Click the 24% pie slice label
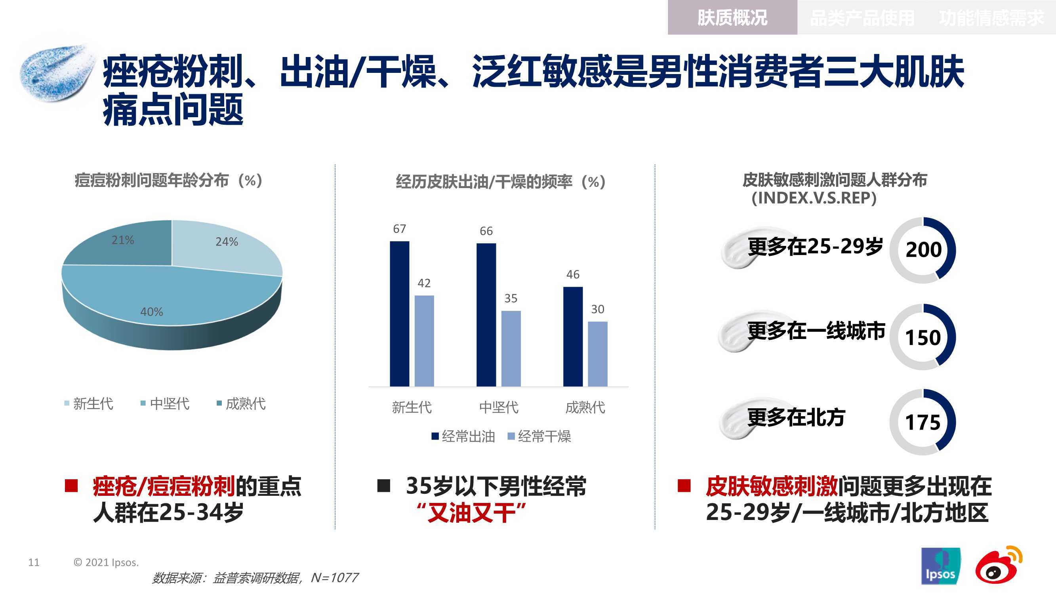227,242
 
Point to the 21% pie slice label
122,240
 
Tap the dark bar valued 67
399,314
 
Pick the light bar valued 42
424,341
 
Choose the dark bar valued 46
573,337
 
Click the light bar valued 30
598,354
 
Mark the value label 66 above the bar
486,231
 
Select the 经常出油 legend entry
463,436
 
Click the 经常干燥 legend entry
539,436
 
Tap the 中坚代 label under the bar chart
498,407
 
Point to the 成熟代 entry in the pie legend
241,404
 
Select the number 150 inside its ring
923,338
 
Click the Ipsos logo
940,566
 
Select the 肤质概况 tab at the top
732,18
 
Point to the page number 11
34,562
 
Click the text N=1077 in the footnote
335,578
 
